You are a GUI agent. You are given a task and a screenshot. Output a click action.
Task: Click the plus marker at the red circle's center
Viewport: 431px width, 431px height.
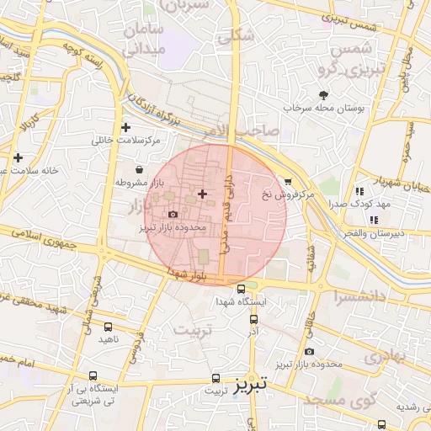pos(201,194)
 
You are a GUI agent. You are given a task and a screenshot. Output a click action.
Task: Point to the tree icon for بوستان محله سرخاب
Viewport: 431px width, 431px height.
pos(323,95)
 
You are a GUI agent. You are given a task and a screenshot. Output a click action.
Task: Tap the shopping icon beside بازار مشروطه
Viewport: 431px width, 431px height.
pos(138,170)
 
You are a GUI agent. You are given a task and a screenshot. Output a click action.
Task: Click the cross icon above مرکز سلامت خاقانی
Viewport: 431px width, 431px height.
pos(125,127)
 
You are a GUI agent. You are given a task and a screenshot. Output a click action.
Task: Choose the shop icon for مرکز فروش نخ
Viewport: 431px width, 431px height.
pos(288,181)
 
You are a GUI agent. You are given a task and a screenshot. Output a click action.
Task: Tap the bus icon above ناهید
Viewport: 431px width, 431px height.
pos(108,326)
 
